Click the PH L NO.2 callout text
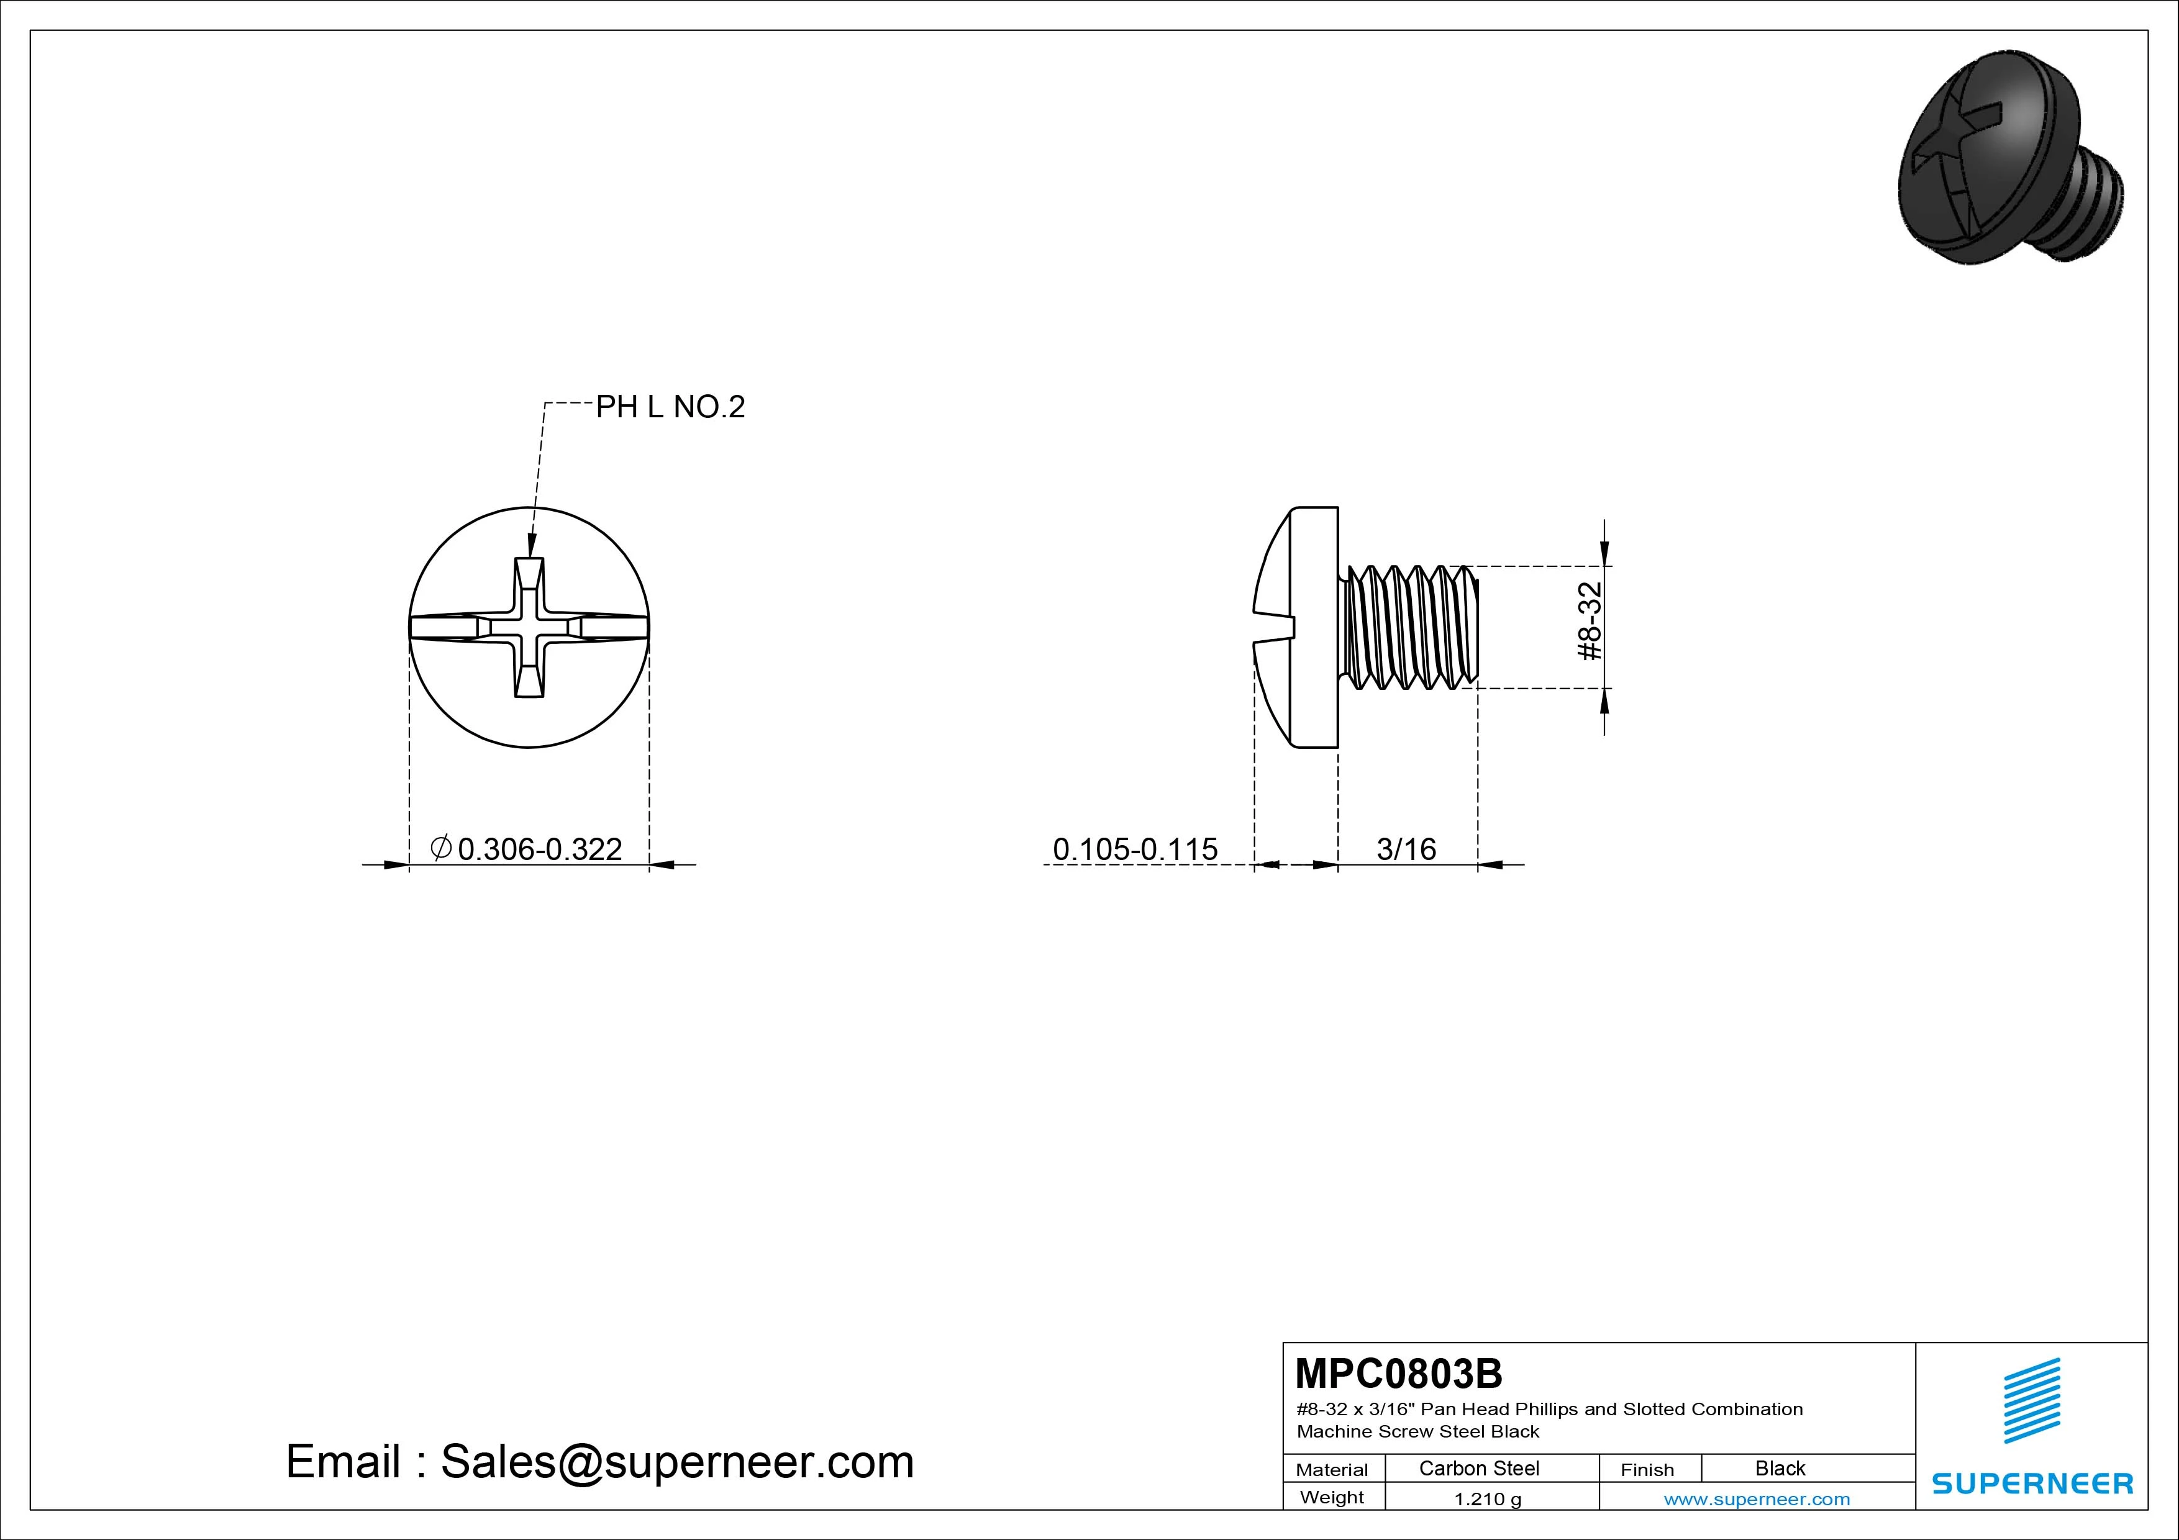[x=670, y=407]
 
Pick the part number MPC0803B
[x=1399, y=1373]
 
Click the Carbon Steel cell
[x=1478, y=1468]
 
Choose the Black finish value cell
[x=1780, y=1468]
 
